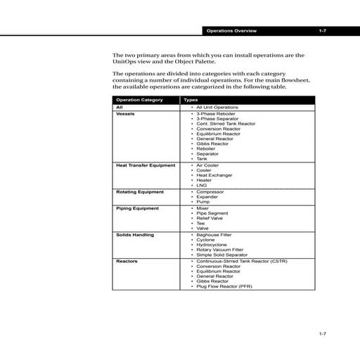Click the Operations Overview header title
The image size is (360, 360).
231,32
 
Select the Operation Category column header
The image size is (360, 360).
139,100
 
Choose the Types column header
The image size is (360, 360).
191,100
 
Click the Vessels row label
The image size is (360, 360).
126,112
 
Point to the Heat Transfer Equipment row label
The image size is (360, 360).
146,165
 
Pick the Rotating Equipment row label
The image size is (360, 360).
139,191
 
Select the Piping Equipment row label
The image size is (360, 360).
137,208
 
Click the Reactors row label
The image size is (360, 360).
127,261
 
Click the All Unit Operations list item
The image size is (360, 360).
217,107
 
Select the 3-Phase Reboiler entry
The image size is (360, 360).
217,112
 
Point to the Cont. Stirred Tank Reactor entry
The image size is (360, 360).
226,123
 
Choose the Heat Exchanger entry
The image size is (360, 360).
214,175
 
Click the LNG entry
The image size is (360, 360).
202,186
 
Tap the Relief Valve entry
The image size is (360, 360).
212,218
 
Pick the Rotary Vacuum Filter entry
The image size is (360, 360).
220,249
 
